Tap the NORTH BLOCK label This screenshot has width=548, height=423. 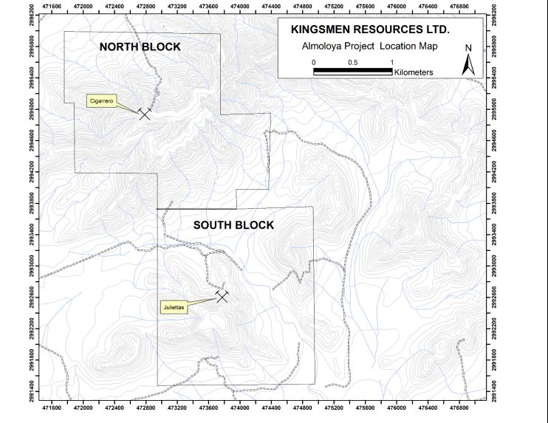(x=140, y=47)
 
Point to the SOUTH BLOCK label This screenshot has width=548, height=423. (x=233, y=225)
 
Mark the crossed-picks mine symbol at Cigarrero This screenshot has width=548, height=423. (x=145, y=113)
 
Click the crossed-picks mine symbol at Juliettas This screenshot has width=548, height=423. (x=222, y=295)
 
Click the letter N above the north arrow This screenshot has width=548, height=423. (x=468, y=48)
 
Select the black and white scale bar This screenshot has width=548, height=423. (x=352, y=72)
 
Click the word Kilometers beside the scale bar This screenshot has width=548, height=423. (x=414, y=72)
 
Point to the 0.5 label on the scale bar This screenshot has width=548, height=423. (x=352, y=62)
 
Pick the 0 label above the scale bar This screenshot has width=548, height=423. (x=314, y=62)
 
